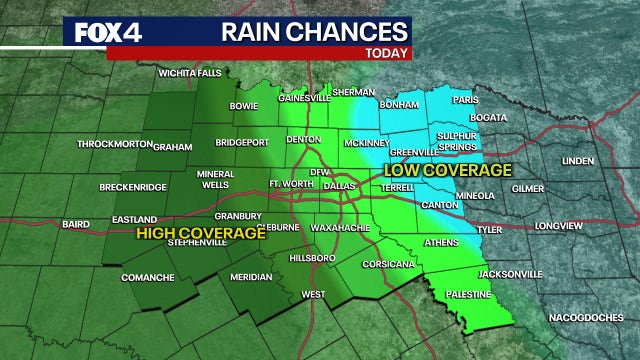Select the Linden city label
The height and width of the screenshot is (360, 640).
(x=579, y=160)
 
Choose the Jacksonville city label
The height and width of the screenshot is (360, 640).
(x=509, y=273)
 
